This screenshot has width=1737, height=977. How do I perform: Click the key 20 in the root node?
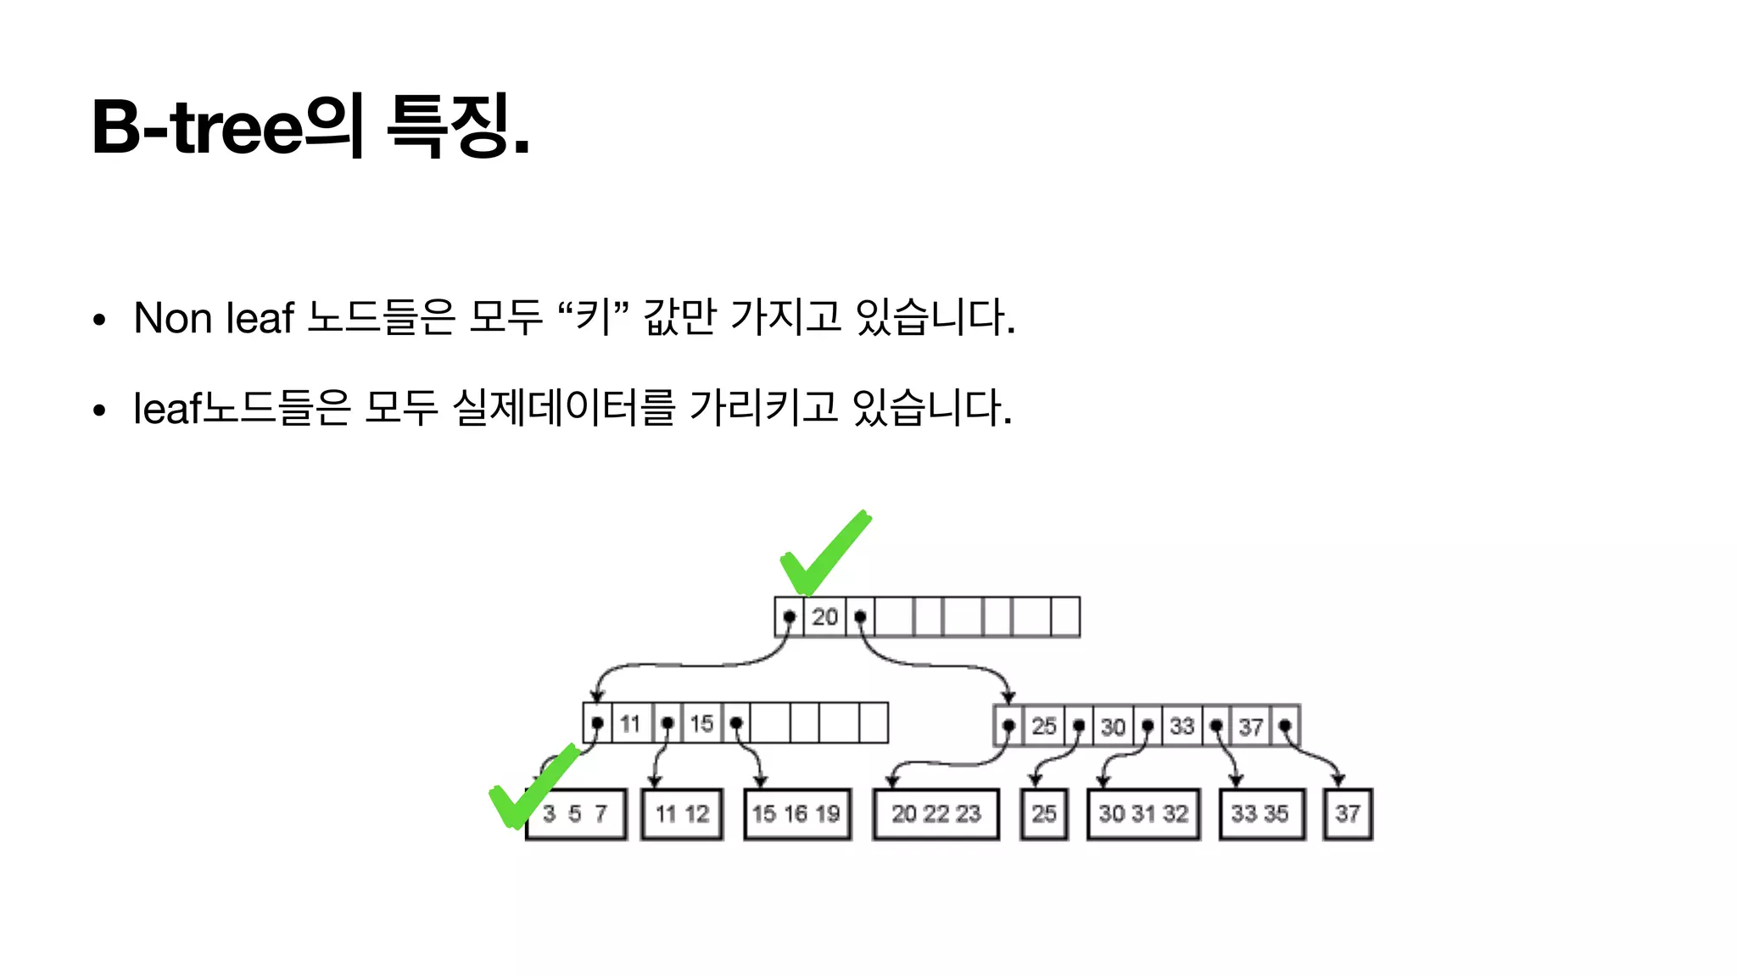[x=824, y=617]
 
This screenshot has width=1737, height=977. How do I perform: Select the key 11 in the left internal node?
[x=629, y=723]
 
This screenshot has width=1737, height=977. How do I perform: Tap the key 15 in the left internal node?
[x=701, y=723]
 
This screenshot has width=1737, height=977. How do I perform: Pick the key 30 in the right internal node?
[x=1113, y=727]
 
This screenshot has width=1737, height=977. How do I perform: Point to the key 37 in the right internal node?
[x=1251, y=727]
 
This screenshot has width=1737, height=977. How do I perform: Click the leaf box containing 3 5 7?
[x=576, y=814]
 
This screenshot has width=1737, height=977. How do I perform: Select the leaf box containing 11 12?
[x=682, y=814]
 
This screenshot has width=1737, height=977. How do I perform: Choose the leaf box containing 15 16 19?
[x=796, y=814]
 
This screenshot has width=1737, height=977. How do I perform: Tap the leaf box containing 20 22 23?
[x=936, y=814]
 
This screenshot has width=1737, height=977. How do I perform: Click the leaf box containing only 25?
[x=1044, y=814]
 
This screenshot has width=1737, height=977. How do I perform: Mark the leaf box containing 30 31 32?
[x=1143, y=814]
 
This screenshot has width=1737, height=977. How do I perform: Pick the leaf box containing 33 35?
[x=1260, y=814]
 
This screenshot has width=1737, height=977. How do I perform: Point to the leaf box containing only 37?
[x=1348, y=814]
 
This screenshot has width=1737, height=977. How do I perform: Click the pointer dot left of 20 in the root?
[x=790, y=617]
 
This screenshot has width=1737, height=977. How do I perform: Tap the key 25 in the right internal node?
[x=1044, y=727]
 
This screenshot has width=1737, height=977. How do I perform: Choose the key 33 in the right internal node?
[x=1181, y=727]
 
